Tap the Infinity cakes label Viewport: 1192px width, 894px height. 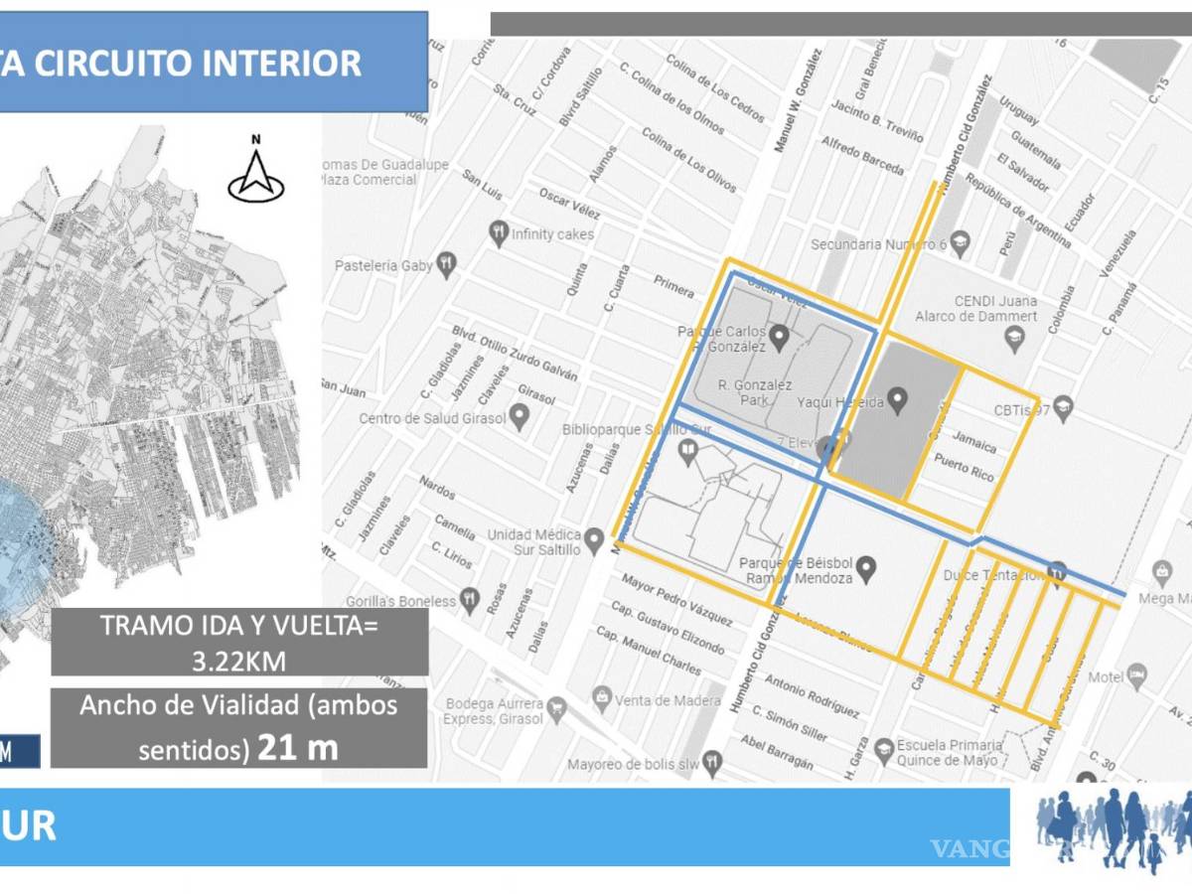point(552,234)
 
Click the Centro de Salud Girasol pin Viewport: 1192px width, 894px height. point(519,416)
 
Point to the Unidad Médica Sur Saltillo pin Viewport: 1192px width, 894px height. point(594,541)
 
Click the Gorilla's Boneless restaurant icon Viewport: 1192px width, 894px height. point(470,601)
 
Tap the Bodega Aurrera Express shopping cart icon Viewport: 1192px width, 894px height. point(557,706)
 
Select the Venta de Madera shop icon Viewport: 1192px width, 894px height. point(601,700)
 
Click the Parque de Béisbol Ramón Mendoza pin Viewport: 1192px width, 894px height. point(867,569)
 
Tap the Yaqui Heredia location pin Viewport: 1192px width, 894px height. point(898,401)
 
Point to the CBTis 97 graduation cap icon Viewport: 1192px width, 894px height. point(1064,406)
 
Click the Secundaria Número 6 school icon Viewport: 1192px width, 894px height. point(959,242)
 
